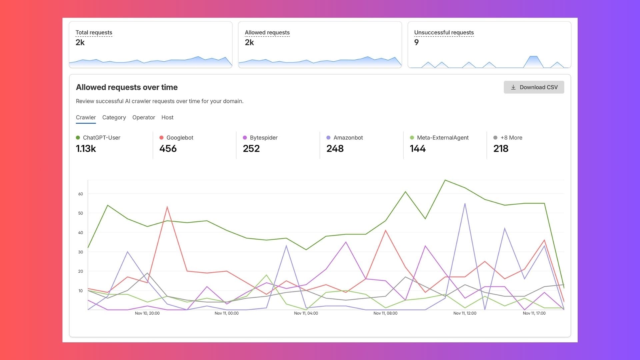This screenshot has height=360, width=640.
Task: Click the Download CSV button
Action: click(x=534, y=87)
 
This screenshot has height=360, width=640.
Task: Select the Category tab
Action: click(x=114, y=117)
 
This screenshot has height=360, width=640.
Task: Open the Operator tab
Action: click(x=144, y=117)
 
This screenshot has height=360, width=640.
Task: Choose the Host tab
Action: click(x=167, y=117)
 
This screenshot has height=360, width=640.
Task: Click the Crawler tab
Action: click(x=86, y=117)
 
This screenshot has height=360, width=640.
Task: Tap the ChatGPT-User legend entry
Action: click(x=101, y=138)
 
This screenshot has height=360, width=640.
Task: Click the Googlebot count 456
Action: click(x=168, y=149)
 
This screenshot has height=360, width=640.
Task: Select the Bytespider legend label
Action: click(x=263, y=138)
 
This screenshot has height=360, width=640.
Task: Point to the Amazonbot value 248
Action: click(x=335, y=149)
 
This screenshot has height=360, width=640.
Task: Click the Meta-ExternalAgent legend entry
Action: click(x=442, y=138)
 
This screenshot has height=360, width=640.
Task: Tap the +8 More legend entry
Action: click(x=511, y=138)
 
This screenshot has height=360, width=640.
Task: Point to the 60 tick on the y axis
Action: click(x=81, y=194)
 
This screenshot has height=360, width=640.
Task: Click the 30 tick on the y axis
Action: click(x=81, y=252)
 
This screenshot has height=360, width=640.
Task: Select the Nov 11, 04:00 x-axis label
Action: click(x=306, y=313)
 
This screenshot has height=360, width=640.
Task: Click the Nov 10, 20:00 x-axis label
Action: click(x=147, y=313)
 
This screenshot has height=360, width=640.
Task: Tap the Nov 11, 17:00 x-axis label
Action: click(x=534, y=313)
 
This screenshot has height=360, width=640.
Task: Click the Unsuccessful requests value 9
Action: click(x=416, y=42)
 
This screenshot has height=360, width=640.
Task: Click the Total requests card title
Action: click(x=94, y=32)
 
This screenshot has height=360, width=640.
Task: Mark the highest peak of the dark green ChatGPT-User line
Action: click(x=445, y=180)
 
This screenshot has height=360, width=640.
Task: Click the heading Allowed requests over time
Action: click(x=127, y=87)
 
